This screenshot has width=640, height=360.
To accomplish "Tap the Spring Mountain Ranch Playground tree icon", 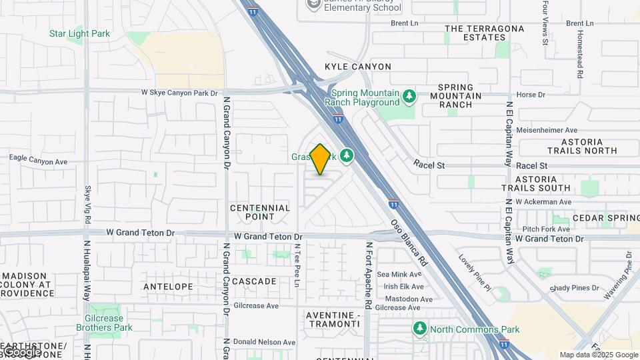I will pos(409,97).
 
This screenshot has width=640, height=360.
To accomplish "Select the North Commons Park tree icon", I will pos(420,329).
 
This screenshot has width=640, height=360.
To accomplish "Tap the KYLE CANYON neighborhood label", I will pos(358,67).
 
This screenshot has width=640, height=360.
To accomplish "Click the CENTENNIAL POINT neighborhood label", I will pos(260,212).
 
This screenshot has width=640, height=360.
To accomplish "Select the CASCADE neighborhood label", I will pos(254,281).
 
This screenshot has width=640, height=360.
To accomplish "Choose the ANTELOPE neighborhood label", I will pos(168,286).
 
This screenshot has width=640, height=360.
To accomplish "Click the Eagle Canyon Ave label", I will pos(38,161).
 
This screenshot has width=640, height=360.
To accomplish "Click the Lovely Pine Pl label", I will pos(474,273).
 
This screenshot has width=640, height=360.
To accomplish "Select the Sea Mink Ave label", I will pos(399,274).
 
